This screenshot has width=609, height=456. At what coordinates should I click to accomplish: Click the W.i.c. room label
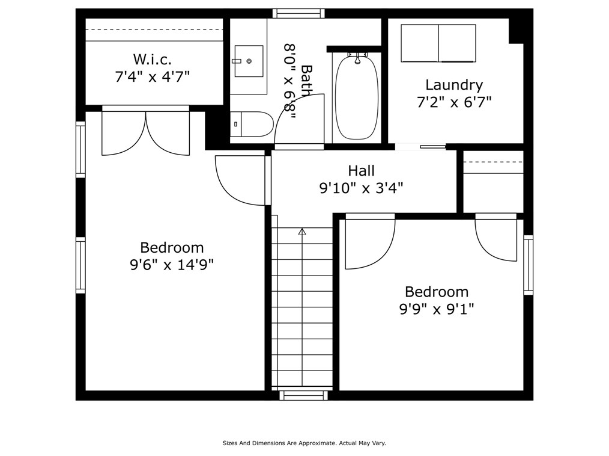click(x=153, y=60)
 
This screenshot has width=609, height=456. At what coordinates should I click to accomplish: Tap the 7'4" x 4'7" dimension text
click(x=153, y=76)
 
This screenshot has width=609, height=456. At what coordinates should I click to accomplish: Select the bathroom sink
click(x=248, y=61)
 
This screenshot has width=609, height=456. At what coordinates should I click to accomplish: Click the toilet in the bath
click(x=251, y=125)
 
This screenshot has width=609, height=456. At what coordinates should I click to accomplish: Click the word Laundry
click(x=454, y=85)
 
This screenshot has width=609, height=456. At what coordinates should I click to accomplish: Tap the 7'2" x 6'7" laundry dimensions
click(x=454, y=102)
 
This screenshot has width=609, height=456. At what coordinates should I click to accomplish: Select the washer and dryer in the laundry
click(x=438, y=43)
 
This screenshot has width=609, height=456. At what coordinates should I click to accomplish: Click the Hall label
click(x=361, y=171)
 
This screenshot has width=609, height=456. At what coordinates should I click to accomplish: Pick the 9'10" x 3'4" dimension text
click(x=361, y=188)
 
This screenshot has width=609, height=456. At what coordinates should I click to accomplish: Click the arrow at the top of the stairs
click(x=302, y=231)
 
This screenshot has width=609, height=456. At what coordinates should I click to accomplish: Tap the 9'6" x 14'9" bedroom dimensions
click(x=172, y=264)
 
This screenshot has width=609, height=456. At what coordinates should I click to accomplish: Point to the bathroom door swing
click(x=300, y=120)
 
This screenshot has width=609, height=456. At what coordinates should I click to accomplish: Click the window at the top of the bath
click(x=298, y=13)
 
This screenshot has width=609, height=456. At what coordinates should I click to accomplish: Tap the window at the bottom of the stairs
click(x=304, y=395)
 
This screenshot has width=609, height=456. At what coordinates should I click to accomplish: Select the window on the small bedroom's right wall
click(x=529, y=265)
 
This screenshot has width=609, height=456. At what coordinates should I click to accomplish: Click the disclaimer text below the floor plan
click(x=304, y=443)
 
